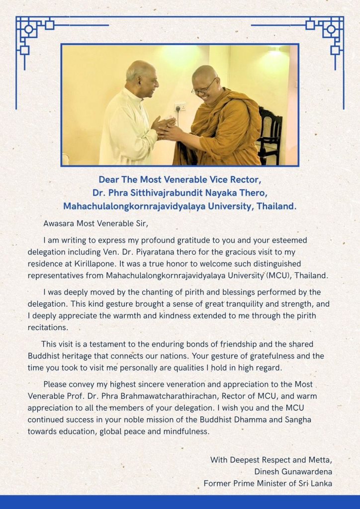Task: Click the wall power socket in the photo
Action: [180, 107]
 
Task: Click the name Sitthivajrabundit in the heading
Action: [143, 192]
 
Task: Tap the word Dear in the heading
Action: [109, 179]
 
